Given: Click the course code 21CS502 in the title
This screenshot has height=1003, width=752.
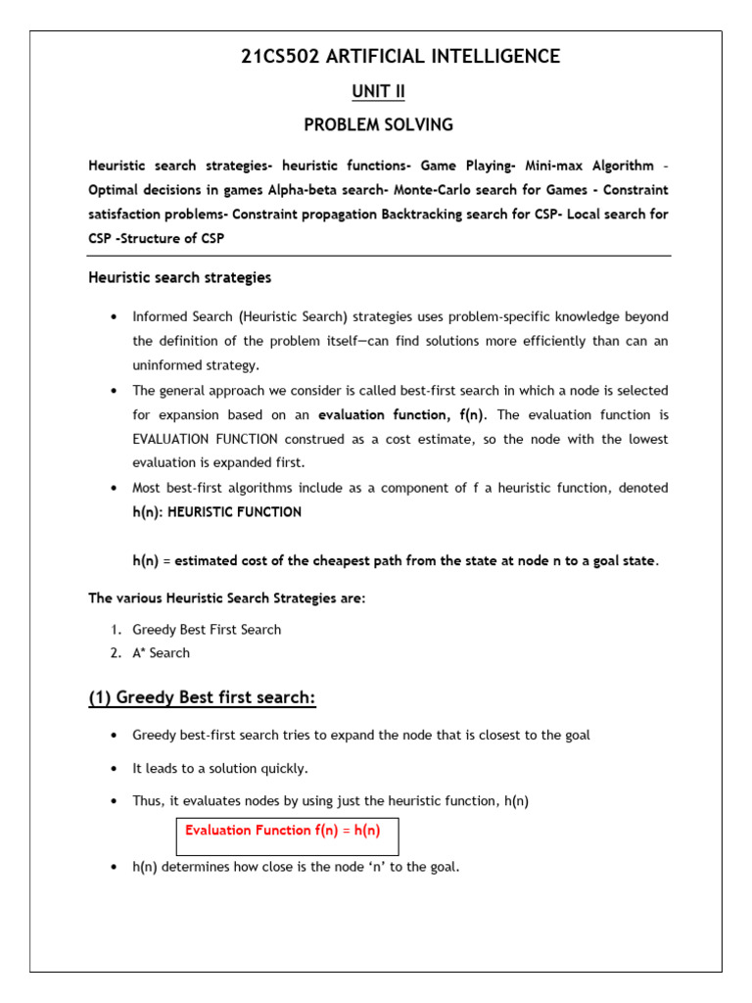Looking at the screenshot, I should pos(278,57).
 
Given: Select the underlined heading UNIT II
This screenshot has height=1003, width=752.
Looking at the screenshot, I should pos(378,92).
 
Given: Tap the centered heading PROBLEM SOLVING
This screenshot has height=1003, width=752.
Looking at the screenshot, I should pos(378,125).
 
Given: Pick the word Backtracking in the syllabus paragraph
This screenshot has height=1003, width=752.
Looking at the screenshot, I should pos(426,213).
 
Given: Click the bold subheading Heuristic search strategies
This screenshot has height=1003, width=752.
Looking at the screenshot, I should pos(180,277).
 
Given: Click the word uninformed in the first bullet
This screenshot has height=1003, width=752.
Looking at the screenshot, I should pos(167,365).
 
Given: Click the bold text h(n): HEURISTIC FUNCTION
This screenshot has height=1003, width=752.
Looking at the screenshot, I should pos(216,511).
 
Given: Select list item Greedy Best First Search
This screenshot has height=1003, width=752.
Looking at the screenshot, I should pos(207,630).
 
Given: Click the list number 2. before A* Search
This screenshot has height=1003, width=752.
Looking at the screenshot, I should pos(116,652).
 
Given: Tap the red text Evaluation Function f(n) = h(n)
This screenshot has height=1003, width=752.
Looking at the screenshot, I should pos(282,830).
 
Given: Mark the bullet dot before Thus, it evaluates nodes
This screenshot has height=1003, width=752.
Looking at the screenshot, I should pos(115,801).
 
